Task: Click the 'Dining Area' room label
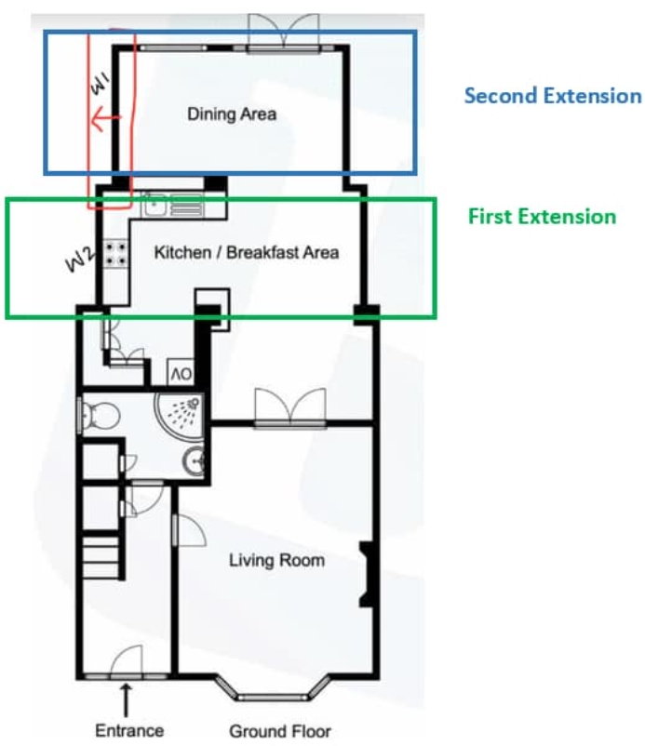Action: click(x=233, y=114)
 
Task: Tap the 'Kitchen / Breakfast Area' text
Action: click(x=246, y=252)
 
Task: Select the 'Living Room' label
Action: click(x=276, y=560)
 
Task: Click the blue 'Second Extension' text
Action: click(x=553, y=96)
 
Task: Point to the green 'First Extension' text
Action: click(x=542, y=217)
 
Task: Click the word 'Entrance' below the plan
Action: click(x=129, y=730)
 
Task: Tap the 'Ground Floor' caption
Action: click(x=280, y=730)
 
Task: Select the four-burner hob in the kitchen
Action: click(x=116, y=253)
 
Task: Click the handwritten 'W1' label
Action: click(x=101, y=85)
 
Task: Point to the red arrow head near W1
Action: click(x=96, y=118)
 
